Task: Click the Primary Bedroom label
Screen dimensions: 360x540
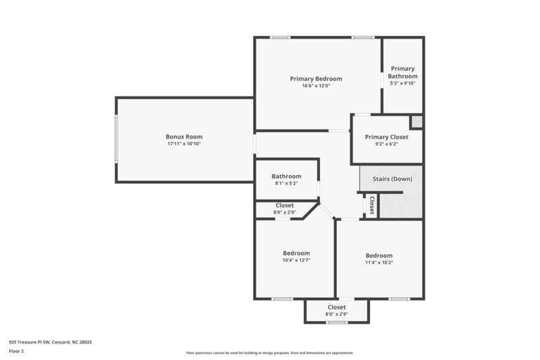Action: (316, 79)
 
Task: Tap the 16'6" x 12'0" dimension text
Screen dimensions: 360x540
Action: (316, 86)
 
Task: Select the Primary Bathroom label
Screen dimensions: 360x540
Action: (402, 72)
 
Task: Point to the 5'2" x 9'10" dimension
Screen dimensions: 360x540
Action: (402, 84)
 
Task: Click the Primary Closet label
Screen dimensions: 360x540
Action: (387, 137)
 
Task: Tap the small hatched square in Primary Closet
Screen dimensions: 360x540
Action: (416, 122)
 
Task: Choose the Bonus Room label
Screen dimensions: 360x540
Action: (184, 136)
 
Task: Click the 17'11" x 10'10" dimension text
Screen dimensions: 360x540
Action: (184, 144)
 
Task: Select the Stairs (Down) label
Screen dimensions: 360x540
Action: (392, 179)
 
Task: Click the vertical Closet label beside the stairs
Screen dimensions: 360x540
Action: (371, 205)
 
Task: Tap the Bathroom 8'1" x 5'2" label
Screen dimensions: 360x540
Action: (286, 176)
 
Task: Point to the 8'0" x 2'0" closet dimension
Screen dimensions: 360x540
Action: (284, 212)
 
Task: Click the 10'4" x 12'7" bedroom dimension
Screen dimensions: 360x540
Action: (296, 260)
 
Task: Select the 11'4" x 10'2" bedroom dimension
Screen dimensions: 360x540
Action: (379, 262)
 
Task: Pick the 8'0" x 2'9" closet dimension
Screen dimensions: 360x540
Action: (336, 314)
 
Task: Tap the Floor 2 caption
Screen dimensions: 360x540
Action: (17, 351)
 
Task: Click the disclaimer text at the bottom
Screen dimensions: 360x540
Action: (269, 353)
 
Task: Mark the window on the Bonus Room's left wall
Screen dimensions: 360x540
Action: (116, 139)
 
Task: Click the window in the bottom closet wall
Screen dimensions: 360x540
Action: (336, 322)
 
